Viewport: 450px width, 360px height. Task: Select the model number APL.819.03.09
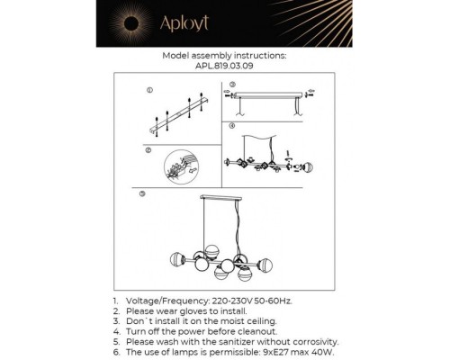(x=224, y=66)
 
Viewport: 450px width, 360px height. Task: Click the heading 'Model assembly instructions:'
(x=224, y=56)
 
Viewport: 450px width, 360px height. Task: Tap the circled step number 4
(x=231, y=126)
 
